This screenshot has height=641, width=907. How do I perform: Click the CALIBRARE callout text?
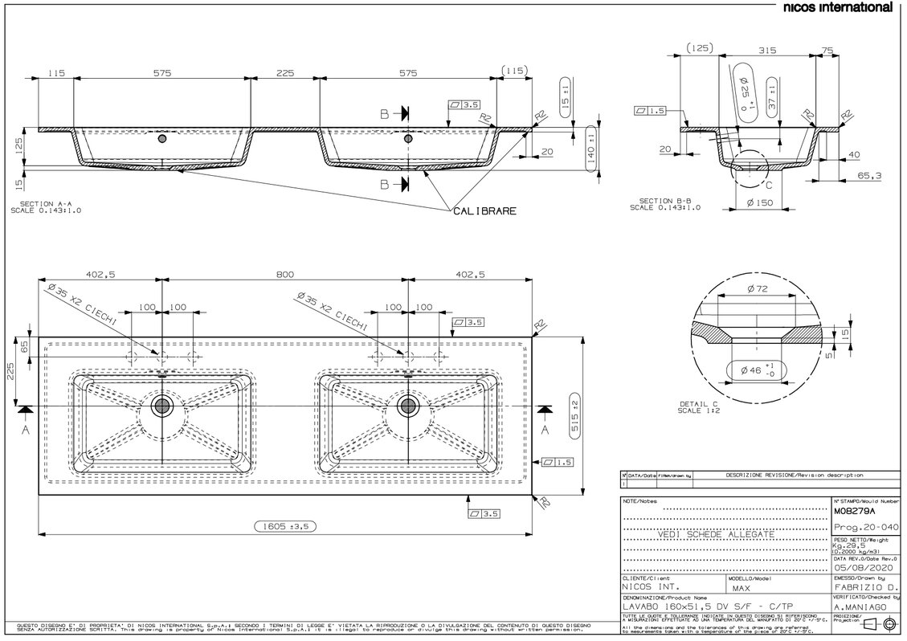click(x=484, y=211)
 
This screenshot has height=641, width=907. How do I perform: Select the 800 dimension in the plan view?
click(x=284, y=274)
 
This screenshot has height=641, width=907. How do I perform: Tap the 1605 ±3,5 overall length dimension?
click(x=287, y=526)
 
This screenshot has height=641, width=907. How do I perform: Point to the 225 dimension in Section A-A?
click(x=285, y=72)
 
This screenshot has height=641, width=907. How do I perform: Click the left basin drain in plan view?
click(x=161, y=406)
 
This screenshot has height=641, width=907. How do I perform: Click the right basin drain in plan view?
click(x=407, y=406)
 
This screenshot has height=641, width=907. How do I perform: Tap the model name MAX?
click(x=744, y=588)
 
